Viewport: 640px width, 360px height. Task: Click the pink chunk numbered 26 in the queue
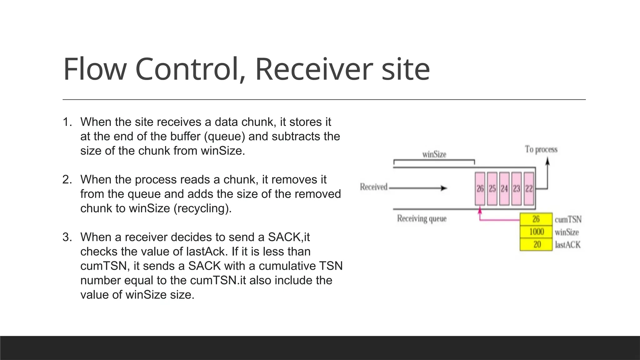click(480, 189)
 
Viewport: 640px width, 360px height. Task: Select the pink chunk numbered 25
click(492, 189)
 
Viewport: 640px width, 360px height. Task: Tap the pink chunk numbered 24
click(504, 189)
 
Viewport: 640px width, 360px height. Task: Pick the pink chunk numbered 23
click(517, 189)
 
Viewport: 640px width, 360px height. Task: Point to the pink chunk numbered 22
click(529, 189)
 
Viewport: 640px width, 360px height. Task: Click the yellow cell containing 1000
click(536, 232)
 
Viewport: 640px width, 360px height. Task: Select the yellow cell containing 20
click(536, 244)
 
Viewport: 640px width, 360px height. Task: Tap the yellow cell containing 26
click(536, 219)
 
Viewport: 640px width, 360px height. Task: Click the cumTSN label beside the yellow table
click(568, 219)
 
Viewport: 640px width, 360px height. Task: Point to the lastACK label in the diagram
click(567, 245)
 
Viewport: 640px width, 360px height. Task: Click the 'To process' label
click(541, 149)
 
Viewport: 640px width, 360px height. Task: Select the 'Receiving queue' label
click(422, 218)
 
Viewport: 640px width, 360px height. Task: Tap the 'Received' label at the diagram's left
click(373, 187)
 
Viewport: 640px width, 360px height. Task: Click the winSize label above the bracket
click(434, 154)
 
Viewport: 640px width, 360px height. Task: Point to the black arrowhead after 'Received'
click(444, 188)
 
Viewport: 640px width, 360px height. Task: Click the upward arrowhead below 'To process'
click(547, 161)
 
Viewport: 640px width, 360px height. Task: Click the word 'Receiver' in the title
click(314, 69)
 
